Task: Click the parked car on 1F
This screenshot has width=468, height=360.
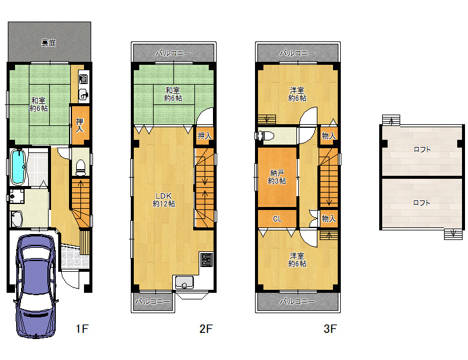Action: pos(36,286)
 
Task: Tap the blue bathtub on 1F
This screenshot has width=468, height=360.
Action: pos(17,167)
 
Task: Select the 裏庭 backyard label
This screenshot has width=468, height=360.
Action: pos(49,43)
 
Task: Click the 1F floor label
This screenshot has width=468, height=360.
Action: pos(82,329)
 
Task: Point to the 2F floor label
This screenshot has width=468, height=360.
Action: pos(206,329)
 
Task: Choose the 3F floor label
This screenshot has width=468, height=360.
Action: pos(330,329)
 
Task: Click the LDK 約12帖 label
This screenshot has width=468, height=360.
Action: pos(164,200)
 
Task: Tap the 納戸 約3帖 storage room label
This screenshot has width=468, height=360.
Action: pos(277,177)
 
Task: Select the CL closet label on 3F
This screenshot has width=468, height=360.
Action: pos(277,219)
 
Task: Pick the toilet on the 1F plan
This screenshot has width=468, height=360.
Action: pos(80,167)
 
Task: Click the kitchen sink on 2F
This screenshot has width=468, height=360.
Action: pos(184,283)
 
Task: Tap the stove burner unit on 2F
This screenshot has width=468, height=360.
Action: pos(206,259)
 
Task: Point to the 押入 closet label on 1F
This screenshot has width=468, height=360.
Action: pos(80,125)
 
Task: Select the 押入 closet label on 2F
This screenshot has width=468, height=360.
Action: pos(205,136)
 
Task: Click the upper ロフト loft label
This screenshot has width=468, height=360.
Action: pos(422,149)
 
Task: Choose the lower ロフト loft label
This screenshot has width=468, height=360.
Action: pos(421,203)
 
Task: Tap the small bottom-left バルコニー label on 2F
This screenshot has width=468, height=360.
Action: pos(153,301)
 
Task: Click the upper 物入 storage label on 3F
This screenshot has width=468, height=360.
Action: pos(329,136)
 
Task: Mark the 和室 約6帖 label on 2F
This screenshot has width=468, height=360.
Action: pos(173,94)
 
